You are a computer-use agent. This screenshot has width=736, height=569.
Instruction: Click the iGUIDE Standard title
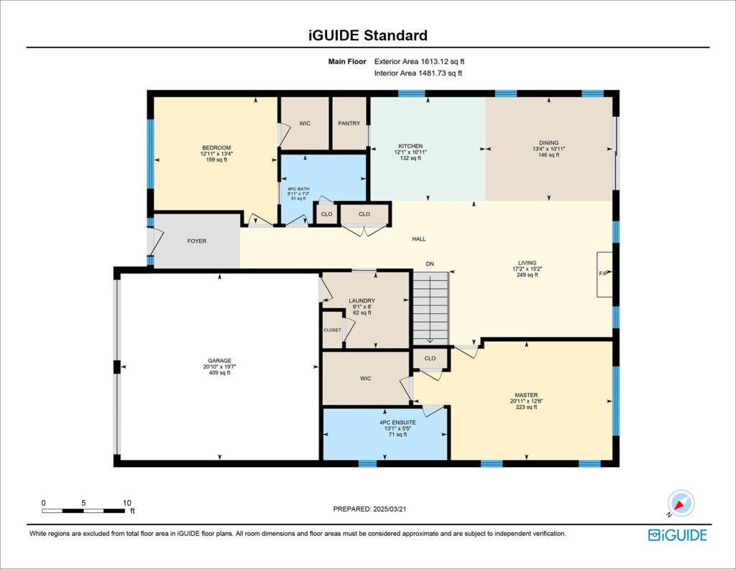[367, 35]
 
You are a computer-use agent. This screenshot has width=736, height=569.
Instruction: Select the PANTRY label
[349, 124]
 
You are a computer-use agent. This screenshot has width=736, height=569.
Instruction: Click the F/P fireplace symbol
[604, 274]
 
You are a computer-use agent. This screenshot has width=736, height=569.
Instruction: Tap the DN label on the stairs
[430, 264]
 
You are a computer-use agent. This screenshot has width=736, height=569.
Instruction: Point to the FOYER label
[196, 241]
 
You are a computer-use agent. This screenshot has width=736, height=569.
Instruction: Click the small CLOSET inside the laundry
[332, 330]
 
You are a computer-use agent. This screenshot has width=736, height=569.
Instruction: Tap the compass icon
[680, 503]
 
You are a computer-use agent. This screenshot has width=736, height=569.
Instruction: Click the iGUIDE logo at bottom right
[677, 535]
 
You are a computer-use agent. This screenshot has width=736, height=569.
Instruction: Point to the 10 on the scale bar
[126, 503]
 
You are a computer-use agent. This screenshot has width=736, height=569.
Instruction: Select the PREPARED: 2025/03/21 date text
[374, 509]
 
